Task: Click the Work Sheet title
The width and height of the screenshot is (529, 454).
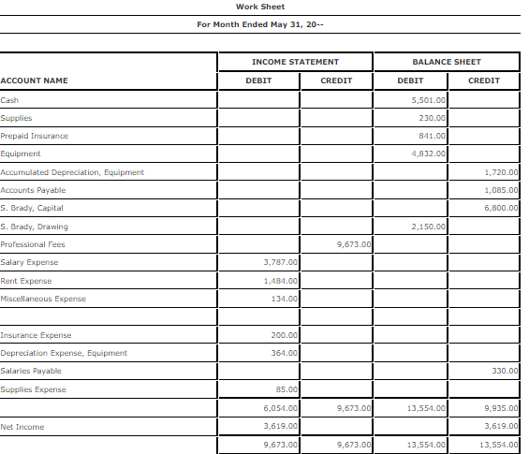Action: pos(260,7)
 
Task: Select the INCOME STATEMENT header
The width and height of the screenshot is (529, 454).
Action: pos(295,62)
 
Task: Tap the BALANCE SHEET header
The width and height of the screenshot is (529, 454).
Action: pos(447,62)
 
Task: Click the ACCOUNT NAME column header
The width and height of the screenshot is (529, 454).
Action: pos(34,81)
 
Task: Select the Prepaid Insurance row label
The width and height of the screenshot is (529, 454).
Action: pos(34,136)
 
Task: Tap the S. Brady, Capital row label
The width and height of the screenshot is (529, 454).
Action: pos(32,208)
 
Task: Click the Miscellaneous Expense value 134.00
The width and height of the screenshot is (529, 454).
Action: pos(285,299)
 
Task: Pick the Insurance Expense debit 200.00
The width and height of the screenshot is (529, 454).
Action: pos(285,335)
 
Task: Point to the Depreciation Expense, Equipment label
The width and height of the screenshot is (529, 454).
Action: pos(64,353)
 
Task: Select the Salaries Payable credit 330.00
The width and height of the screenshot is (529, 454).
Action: pos(505,372)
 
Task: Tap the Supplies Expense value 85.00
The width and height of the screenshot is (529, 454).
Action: pos(287,389)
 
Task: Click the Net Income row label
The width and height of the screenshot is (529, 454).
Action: pos(22,427)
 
